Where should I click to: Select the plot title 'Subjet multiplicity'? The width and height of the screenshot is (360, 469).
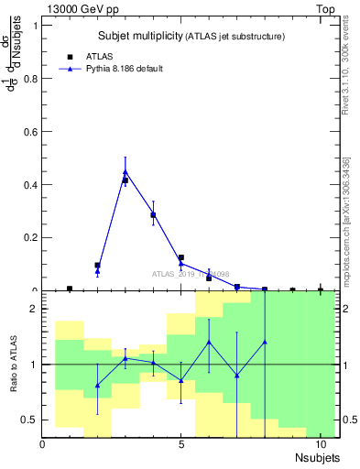tap(141, 36)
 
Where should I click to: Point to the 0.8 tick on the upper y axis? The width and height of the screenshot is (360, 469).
tap(29, 78)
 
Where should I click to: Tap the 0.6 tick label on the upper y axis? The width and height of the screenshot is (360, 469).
tap(29, 131)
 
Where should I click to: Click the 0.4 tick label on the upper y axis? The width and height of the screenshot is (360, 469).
tap(29, 184)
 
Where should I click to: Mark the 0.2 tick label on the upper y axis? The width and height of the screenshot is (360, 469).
tap(29, 237)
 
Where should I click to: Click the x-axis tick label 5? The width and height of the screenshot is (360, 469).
tap(181, 445)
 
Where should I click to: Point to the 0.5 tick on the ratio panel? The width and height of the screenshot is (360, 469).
tap(29, 420)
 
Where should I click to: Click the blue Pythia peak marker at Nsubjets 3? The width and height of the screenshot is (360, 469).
tap(125, 171)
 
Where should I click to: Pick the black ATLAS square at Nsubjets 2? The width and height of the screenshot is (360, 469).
tap(97, 266)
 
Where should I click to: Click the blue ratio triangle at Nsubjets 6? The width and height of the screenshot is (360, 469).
tap(209, 343)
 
